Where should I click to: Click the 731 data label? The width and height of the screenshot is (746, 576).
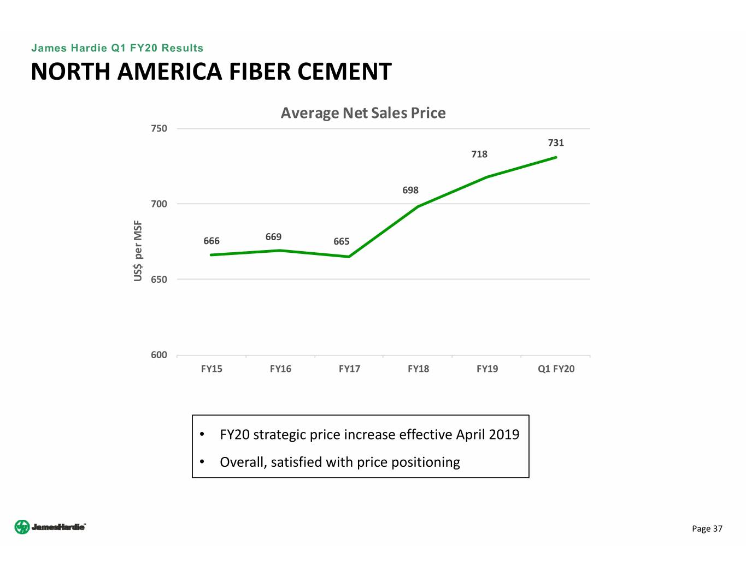pos(556,143)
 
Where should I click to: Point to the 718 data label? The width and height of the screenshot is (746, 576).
pos(479,155)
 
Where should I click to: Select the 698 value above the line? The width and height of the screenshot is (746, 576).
pos(410,191)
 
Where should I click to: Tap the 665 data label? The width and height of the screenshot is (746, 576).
pos(342,242)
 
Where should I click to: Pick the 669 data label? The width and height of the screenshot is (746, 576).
pos(273,237)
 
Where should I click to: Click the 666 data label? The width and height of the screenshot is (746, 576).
pos(212,241)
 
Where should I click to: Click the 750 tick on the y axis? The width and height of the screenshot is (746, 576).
pos(159,129)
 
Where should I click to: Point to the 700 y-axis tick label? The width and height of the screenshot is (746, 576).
pos(159,204)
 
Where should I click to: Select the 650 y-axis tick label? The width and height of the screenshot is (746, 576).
pos(159,280)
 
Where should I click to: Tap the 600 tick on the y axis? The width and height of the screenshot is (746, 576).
pos(159,355)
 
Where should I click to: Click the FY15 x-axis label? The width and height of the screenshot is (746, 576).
pos(212,369)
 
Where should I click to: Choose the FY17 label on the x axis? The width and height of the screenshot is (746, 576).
pos(349,369)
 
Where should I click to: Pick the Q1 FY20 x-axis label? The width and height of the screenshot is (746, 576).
pos(556,369)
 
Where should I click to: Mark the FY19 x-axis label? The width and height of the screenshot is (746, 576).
pos(487,369)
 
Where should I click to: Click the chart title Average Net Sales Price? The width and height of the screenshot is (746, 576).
pos(363,113)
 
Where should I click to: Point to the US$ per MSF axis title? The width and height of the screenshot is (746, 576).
pos(138,251)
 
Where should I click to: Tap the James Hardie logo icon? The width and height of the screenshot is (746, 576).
pos(22,527)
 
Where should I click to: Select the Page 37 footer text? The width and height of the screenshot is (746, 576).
pos(707,529)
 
